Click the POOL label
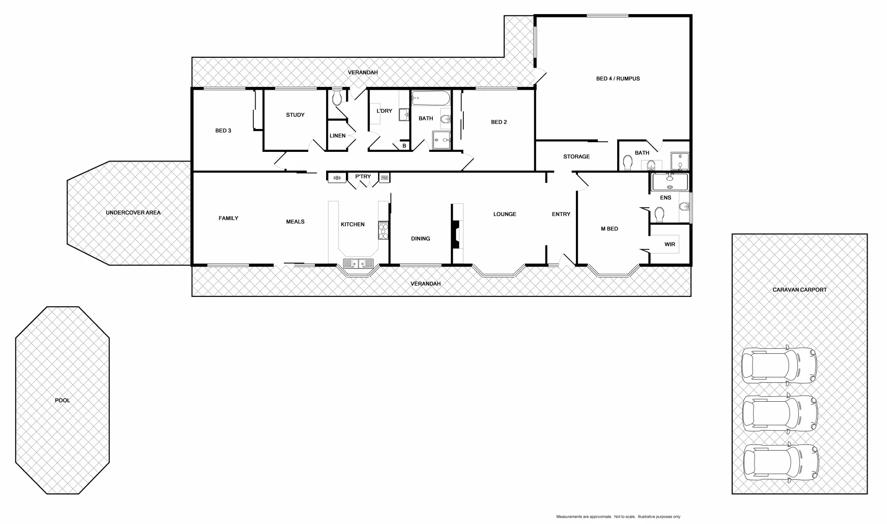tap(63, 400)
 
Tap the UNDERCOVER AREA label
tap(133, 213)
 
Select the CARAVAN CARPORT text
tap(800, 290)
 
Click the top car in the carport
tap(779, 365)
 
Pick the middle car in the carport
tap(780, 414)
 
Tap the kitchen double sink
tap(358, 263)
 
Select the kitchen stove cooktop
tap(383, 230)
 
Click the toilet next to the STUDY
tap(337, 98)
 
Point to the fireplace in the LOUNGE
tap(456, 235)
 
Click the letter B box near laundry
tap(404, 146)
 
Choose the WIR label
tap(670, 244)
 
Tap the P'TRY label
tap(363, 177)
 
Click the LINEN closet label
tap(337, 135)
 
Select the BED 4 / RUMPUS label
tap(618, 79)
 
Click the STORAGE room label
tap(576, 157)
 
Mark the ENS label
tap(665, 197)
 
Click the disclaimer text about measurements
tap(618, 517)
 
